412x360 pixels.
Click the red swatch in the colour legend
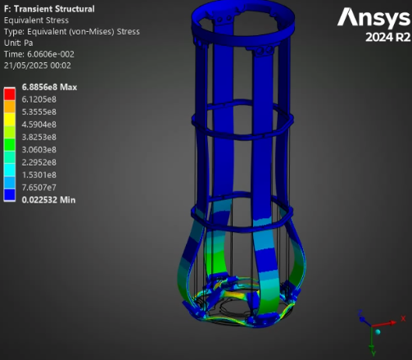[x=9, y=93]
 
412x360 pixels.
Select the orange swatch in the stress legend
[x=9, y=107]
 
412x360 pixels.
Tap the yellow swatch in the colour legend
[x=9, y=119]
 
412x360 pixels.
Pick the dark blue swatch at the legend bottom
[x=9, y=195]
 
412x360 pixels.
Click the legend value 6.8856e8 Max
[x=49, y=87]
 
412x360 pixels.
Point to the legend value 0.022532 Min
[x=48, y=200]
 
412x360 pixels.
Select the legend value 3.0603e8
[x=39, y=150]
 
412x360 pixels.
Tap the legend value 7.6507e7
[x=39, y=188]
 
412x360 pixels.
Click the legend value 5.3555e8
[x=39, y=112]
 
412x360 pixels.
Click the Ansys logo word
[x=374, y=18]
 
